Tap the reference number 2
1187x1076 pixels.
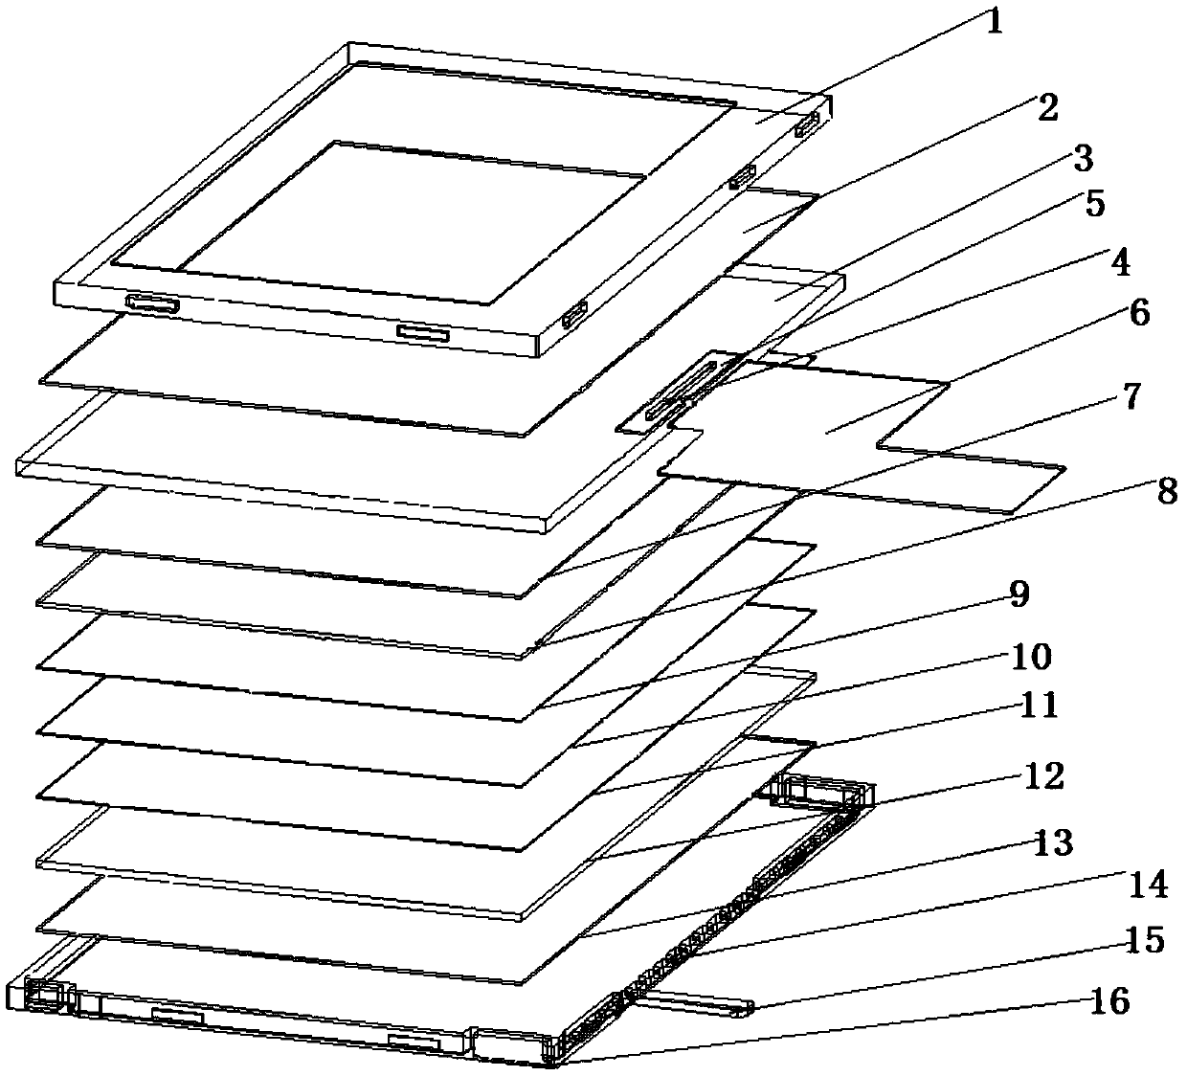pyautogui.click(x=1047, y=108)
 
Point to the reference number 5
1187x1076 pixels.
pyautogui.click(x=1094, y=204)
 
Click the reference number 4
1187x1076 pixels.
pyautogui.click(x=1119, y=260)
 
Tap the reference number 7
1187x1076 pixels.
pyautogui.click(x=1131, y=396)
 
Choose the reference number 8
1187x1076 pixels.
pyautogui.click(x=1165, y=491)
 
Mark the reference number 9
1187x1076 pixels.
pyautogui.click(x=1018, y=594)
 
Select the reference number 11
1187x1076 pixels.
pyautogui.click(x=1039, y=706)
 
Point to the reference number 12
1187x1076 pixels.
pyautogui.click(x=1043, y=775)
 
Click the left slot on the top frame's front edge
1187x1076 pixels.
pyautogui.click(x=151, y=303)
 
